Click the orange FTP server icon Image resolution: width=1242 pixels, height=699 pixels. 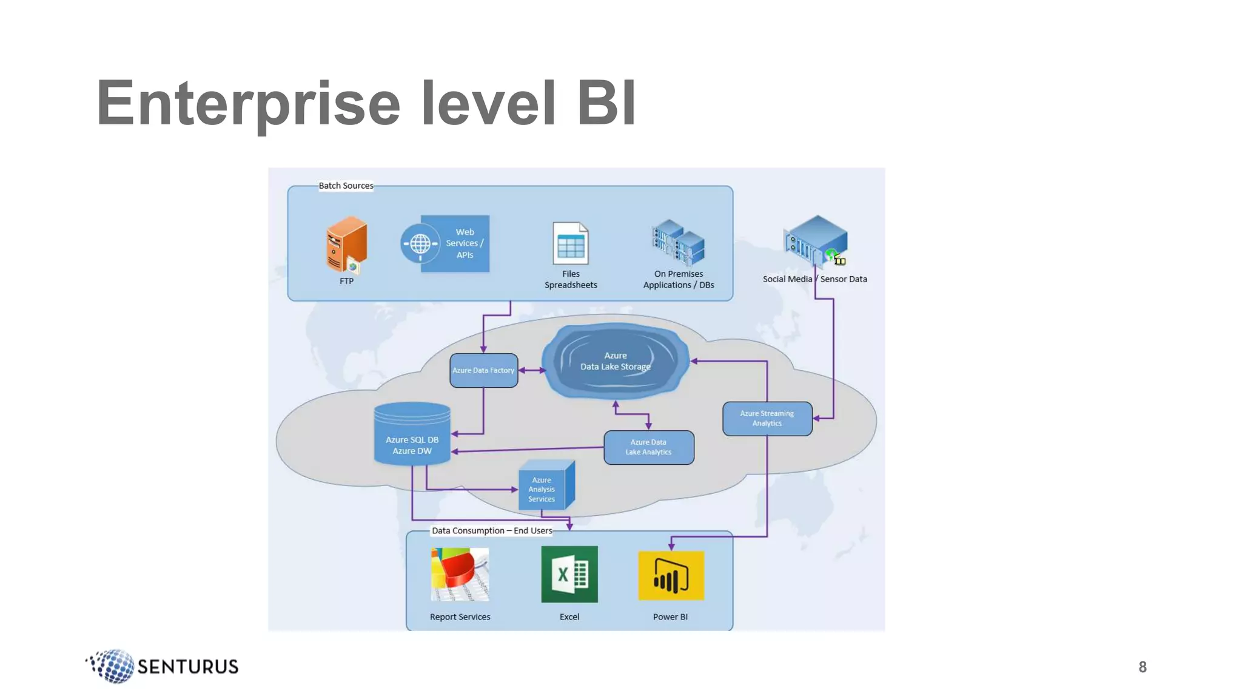pyautogui.click(x=346, y=245)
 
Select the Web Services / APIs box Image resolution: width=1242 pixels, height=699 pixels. pyautogui.click(x=454, y=243)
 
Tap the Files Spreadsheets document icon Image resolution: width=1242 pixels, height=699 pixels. pyautogui.click(x=570, y=244)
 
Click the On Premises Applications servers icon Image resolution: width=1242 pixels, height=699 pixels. pyautogui.click(x=678, y=243)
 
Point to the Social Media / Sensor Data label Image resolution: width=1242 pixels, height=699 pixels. pyautogui.click(x=814, y=279)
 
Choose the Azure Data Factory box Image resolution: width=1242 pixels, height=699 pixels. pyautogui.click(x=483, y=370)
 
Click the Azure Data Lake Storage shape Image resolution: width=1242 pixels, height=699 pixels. pyautogui.click(x=615, y=362)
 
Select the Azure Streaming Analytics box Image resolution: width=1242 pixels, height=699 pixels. pyautogui.click(x=767, y=419)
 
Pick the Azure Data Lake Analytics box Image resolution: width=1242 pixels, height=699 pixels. pyautogui.click(x=648, y=447)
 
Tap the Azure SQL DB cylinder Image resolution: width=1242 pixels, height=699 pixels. pyautogui.click(x=412, y=434)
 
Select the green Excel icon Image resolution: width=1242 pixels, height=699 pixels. pyautogui.click(x=569, y=574)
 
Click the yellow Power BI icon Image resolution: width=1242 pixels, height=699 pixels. pyautogui.click(x=671, y=575)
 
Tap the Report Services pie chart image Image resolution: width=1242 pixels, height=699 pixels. pyautogui.click(x=460, y=574)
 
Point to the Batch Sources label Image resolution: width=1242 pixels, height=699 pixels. pyautogui.click(x=346, y=186)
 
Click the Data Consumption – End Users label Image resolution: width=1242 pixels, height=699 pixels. pyautogui.click(x=492, y=531)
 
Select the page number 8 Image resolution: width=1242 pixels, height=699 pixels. pyautogui.click(x=1142, y=667)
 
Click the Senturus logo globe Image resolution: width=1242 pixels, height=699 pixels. pyautogui.click(x=113, y=666)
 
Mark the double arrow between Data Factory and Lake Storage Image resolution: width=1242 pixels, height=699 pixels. pyautogui.click(x=532, y=370)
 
